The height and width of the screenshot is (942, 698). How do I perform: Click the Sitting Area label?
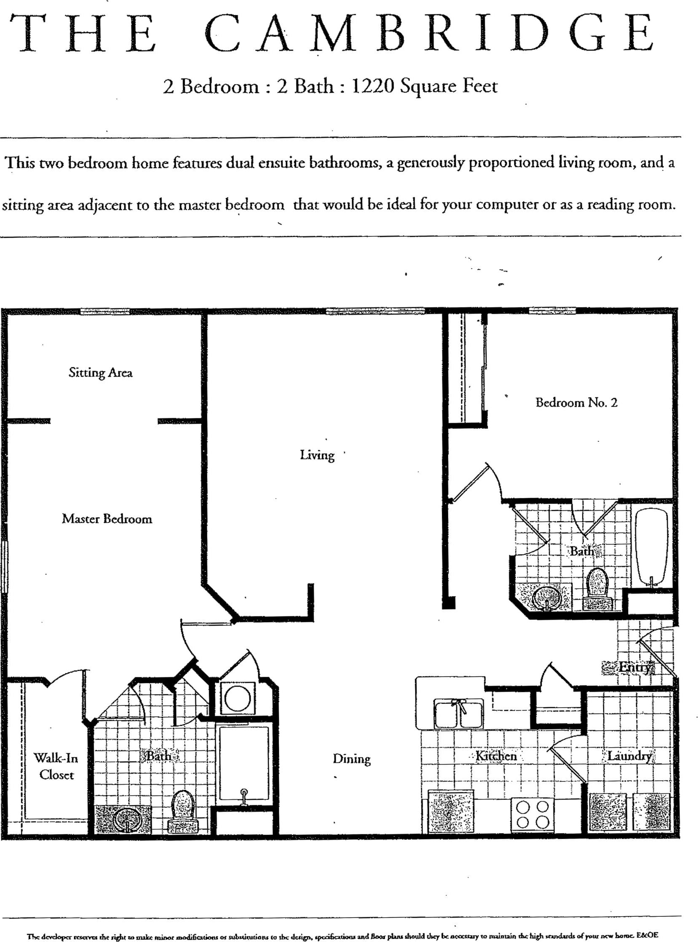pyautogui.click(x=100, y=372)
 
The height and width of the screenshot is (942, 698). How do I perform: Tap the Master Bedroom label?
pyautogui.click(x=107, y=519)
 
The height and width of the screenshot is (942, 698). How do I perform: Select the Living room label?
pyautogui.click(x=317, y=455)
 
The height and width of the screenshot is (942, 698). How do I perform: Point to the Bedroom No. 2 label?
pyautogui.click(x=576, y=402)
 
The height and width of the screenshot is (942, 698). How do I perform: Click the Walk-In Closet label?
pyautogui.click(x=56, y=766)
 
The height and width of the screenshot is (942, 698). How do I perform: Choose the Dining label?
pyautogui.click(x=352, y=759)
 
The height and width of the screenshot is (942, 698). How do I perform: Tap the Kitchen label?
pyautogui.click(x=496, y=756)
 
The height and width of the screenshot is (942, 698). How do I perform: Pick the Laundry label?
pyautogui.click(x=629, y=756)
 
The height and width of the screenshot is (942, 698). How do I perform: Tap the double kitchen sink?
pyautogui.click(x=458, y=713)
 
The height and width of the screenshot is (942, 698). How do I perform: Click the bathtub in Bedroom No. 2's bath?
pyautogui.click(x=652, y=547)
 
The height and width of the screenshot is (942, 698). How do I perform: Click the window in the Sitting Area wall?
pyautogui.click(x=105, y=312)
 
